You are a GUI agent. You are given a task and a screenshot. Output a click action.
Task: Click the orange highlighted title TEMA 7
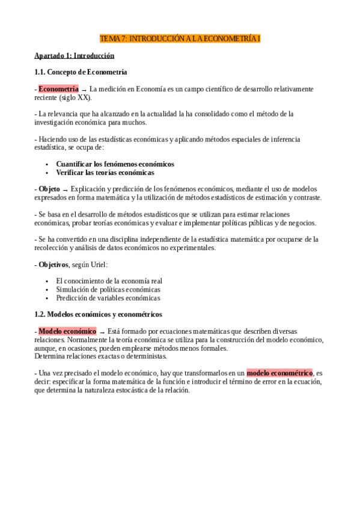pos(180,38)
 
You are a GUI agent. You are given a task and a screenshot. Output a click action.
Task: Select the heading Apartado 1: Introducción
pos(74,56)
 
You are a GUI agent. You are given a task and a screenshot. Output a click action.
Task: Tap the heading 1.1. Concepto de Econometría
pos(81,72)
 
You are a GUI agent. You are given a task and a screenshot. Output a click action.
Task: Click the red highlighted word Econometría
pos(58,89)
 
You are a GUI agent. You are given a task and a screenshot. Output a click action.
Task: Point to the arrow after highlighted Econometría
pos(84,90)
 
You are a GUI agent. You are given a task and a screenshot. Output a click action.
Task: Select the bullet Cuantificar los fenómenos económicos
pos(115,164)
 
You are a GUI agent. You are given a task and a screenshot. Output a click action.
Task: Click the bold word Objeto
pos(49,189)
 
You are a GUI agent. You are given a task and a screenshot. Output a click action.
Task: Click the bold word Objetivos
pos(53,264)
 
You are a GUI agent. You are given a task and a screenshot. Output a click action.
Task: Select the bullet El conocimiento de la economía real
pos(109,281)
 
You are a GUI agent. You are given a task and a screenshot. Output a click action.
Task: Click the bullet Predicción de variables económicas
pos(108,298)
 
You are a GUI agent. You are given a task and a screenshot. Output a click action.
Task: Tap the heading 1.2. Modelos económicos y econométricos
pos(98,314)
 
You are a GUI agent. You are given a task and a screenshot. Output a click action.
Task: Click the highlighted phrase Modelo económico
pos(67,331)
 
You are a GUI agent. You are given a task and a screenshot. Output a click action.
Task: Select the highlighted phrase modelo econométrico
pos(279,372)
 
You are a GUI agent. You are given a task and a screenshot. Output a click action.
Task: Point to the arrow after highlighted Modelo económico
pos(102,331)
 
